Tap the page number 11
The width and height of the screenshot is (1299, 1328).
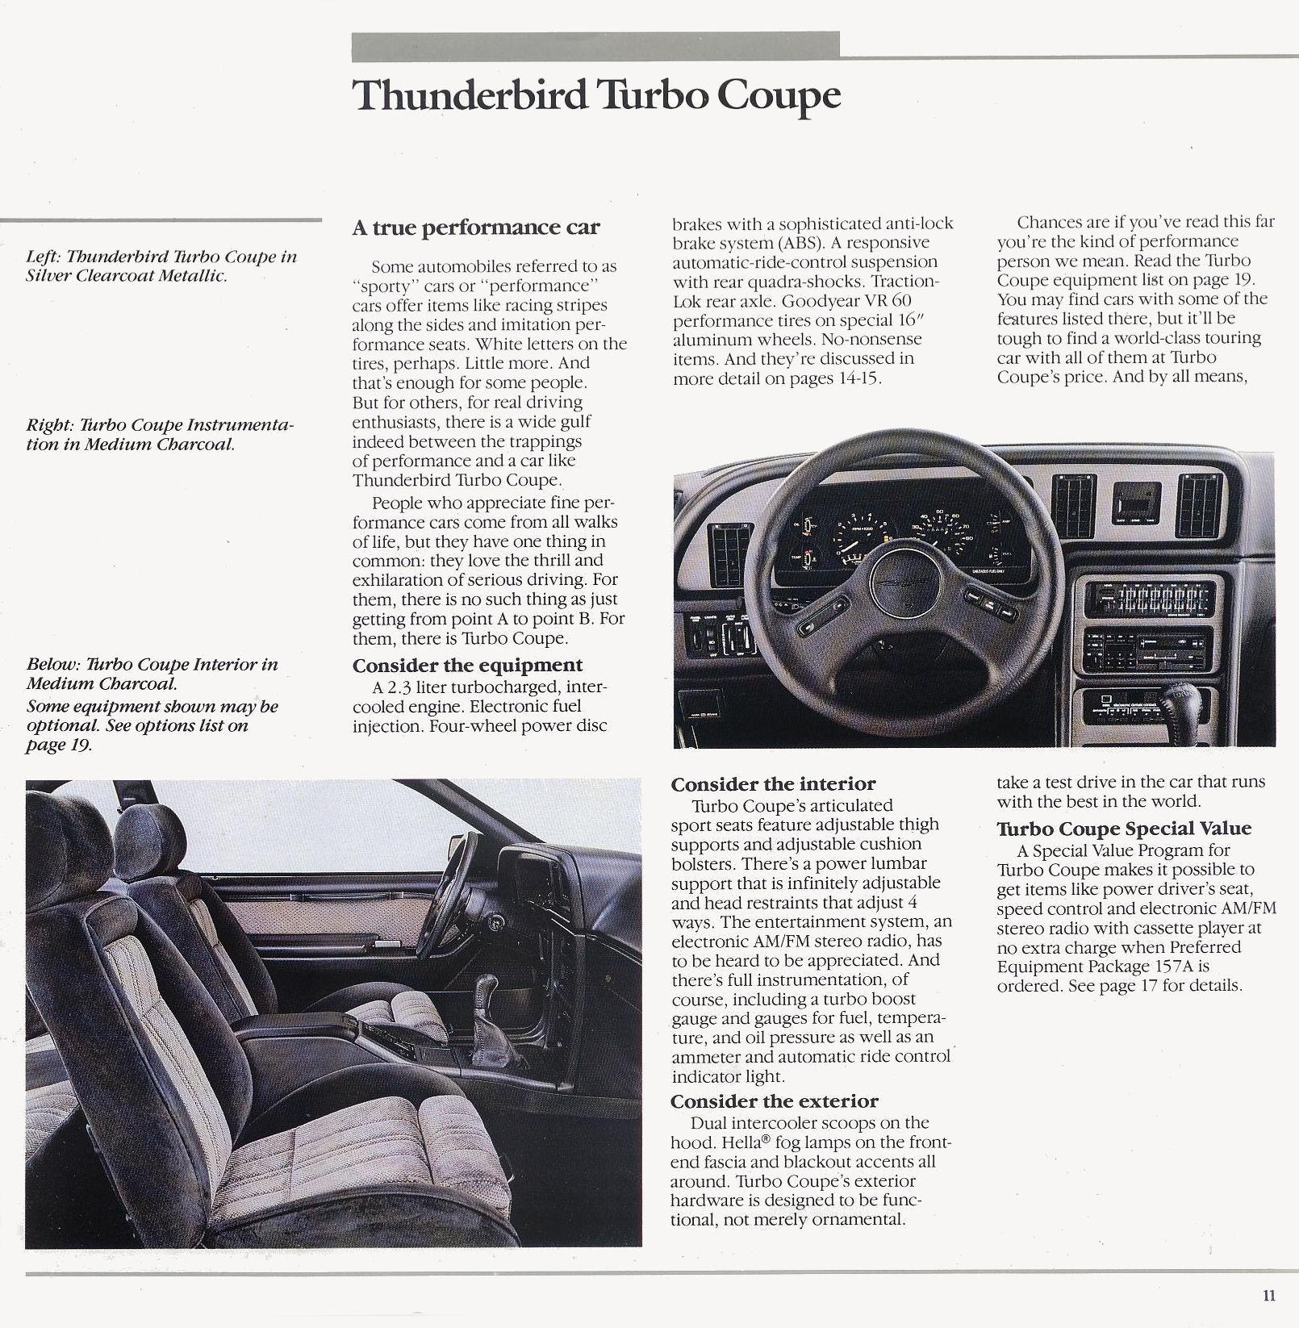click(1270, 1297)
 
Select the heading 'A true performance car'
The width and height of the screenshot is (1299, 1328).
click(475, 228)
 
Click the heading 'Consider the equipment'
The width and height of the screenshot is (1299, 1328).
click(467, 666)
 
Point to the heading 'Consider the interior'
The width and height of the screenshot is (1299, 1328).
click(773, 784)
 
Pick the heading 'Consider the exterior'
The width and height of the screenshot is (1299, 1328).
click(775, 1102)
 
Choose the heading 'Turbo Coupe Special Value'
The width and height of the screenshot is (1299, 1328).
click(1124, 829)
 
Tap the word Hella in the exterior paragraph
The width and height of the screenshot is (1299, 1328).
click(725, 1142)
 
